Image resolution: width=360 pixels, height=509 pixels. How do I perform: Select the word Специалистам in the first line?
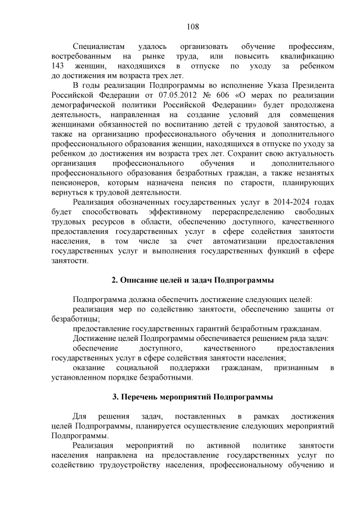tap(97, 47)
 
